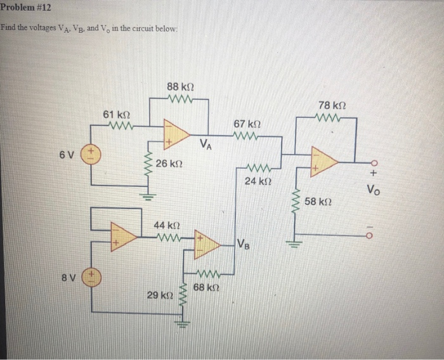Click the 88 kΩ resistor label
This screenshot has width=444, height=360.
(x=180, y=86)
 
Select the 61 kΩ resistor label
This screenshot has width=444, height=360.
(x=117, y=114)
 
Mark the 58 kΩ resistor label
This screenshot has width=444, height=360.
(x=318, y=202)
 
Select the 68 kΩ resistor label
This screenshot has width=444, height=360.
(x=206, y=287)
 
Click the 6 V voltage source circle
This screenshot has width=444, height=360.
(x=91, y=154)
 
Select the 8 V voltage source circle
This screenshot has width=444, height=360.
(x=91, y=276)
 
